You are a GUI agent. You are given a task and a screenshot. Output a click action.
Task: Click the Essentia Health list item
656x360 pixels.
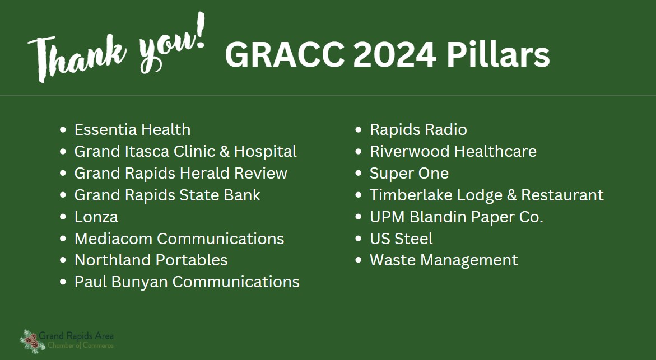pos(132,130)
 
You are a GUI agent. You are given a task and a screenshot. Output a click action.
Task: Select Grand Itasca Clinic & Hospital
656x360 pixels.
pos(185,151)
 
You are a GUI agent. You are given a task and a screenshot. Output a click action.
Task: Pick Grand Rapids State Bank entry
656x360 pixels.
pos(168,195)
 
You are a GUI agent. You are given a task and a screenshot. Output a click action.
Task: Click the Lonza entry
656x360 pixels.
pos(96,217)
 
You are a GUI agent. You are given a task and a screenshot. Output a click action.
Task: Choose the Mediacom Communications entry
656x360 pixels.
pos(179,239)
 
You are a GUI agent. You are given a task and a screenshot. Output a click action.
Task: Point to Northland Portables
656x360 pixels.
pos(151,260)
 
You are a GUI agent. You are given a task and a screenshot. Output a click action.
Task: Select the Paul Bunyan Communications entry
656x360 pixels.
pos(187,282)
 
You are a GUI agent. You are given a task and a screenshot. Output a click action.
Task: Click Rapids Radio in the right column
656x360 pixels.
pos(418,130)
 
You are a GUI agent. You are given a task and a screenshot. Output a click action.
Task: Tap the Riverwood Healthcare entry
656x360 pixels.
pos(453,151)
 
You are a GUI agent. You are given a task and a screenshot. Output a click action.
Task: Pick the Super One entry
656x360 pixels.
pos(409,174)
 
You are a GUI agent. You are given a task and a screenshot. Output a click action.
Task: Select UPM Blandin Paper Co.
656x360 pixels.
pos(457,217)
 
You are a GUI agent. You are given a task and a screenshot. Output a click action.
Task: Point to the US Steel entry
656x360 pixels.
pos(401,239)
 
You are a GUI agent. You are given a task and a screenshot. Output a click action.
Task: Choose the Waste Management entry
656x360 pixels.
pos(444,260)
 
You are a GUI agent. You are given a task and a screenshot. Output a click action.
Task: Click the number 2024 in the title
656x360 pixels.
pos(395,55)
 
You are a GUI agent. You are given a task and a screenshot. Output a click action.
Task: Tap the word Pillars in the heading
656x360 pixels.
pos(498,54)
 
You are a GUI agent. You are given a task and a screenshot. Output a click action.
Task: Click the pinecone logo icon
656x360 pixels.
pos(32,341)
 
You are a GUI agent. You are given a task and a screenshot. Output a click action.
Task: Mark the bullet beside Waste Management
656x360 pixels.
pos(358,260)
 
